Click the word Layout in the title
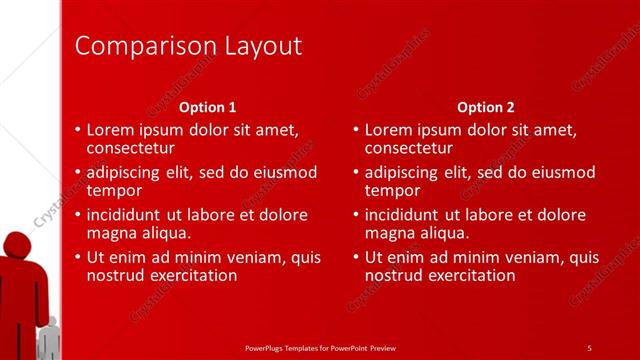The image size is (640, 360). pos(258,46)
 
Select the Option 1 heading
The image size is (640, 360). pos(208,107)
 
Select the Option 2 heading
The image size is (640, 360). pos(485,107)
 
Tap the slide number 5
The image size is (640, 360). pos(589,347)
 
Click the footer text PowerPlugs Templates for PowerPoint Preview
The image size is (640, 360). pos(320,347)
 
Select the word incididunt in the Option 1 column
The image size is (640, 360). pos(125,214)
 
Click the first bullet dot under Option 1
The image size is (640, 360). pos(78,130)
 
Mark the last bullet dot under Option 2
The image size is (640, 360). pos(356,257)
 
